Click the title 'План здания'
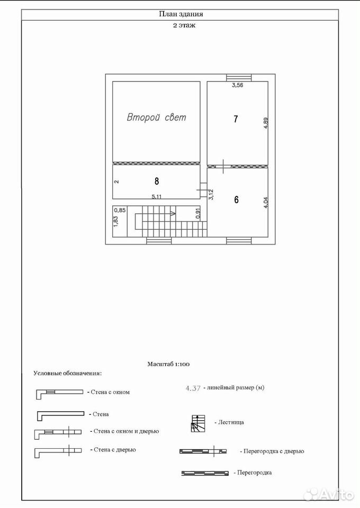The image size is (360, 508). pos(181,14)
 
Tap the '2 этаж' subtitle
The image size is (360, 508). pos(184,25)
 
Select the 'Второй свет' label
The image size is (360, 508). pos(157,117)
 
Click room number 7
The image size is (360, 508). pos(236,119)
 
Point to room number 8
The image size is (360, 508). pos(157,181)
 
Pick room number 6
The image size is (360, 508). pos(236,200)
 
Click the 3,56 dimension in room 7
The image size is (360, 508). pos(237,85)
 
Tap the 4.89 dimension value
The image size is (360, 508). pos(266,123)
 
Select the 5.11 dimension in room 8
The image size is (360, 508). pos(157,196)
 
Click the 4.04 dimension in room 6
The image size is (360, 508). pos(266,203)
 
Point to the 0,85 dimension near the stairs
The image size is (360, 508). pos(120,210)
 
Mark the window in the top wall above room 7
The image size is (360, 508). pos(238,78)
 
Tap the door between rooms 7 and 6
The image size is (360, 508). pos(223,167)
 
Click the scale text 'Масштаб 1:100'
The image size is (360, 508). pos(168,364)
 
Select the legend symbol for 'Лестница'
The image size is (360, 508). pos(197,423)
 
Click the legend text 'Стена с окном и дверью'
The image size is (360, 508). pos(127,431)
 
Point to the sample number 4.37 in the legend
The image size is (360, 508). pos(193,388)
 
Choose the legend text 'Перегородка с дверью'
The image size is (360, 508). pos(274,451)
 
